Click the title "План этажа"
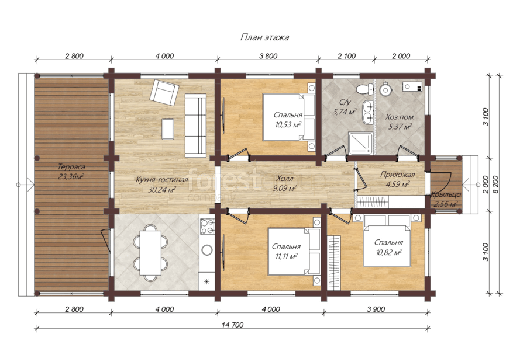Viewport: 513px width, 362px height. (x=264, y=37)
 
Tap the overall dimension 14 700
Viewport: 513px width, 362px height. (x=233, y=325)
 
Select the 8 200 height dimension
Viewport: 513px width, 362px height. (x=495, y=185)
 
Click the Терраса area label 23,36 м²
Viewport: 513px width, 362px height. (x=71, y=176)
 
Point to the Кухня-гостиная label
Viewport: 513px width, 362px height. (x=161, y=179)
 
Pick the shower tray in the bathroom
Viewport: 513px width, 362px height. (x=360, y=143)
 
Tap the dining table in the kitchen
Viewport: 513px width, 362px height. (x=150, y=253)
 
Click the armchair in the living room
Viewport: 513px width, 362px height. (x=164, y=92)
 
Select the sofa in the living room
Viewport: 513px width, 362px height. (x=195, y=126)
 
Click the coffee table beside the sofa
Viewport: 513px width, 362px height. (x=168, y=128)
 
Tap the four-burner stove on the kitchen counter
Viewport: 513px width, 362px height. (x=208, y=226)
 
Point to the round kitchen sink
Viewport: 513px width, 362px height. (x=207, y=250)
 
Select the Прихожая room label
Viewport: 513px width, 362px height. (x=397, y=175)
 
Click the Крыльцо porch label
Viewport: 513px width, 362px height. (x=445, y=194)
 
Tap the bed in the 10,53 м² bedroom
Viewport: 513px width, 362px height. (x=288, y=117)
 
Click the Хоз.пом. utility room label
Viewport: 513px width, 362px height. (x=400, y=117)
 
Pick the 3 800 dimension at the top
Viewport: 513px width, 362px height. (x=268, y=56)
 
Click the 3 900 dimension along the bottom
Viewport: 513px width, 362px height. (x=376, y=309)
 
